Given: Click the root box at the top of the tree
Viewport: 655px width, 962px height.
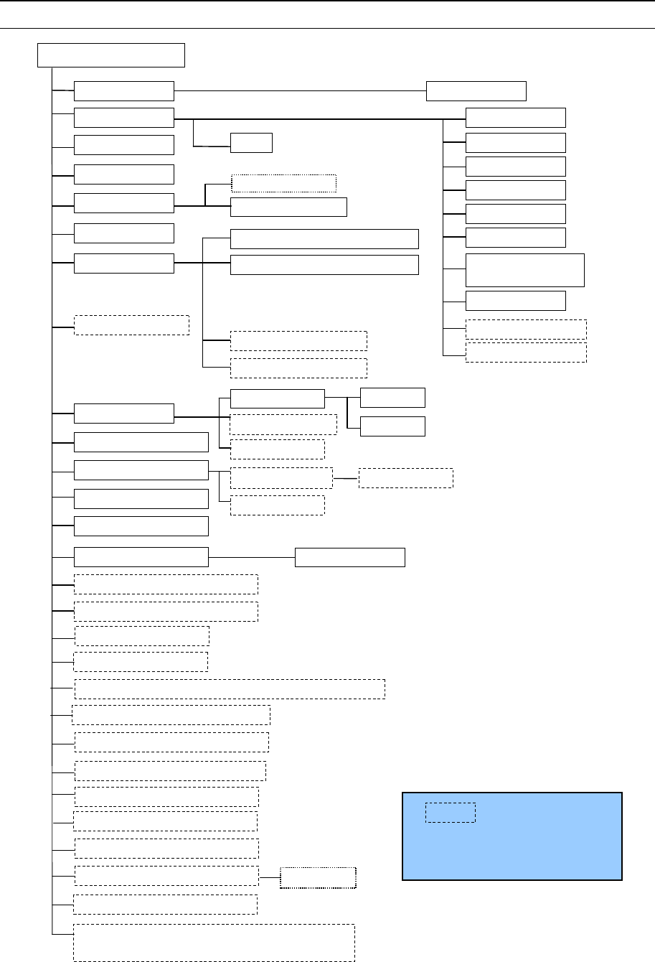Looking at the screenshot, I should tap(111, 55).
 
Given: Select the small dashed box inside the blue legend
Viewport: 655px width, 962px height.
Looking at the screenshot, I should tap(450, 813).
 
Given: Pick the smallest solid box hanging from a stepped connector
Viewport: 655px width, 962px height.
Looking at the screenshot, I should tap(251, 143).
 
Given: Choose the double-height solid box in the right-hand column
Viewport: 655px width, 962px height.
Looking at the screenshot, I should tap(525, 270).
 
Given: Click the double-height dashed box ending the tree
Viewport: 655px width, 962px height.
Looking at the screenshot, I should tap(214, 943).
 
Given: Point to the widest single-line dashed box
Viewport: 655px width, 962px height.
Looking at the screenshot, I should tap(230, 688).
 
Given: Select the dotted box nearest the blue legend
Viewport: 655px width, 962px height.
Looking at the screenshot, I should tap(318, 878).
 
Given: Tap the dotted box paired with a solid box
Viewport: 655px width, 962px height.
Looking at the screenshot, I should tap(283, 183).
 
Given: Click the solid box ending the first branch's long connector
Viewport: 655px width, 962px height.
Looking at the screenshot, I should tap(476, 91).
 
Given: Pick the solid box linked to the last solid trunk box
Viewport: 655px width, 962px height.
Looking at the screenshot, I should tap(350, 557).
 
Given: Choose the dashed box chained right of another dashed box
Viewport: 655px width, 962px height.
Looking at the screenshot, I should tap(405, 478).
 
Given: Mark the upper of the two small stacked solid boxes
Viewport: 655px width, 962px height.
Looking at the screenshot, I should tap(392, 397).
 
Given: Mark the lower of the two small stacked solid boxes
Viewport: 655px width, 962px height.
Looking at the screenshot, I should tap(392, 426).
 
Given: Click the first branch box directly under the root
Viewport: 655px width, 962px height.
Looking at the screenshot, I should tap(124, 91).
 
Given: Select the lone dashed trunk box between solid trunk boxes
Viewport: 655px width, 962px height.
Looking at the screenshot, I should tap(132, 324).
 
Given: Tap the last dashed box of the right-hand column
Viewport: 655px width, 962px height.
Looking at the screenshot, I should tap(526, 352).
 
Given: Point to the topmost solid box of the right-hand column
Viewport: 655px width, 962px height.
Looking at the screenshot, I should tap(516, 118).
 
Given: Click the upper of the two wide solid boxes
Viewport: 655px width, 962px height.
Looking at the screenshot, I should tap(324, 239).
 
